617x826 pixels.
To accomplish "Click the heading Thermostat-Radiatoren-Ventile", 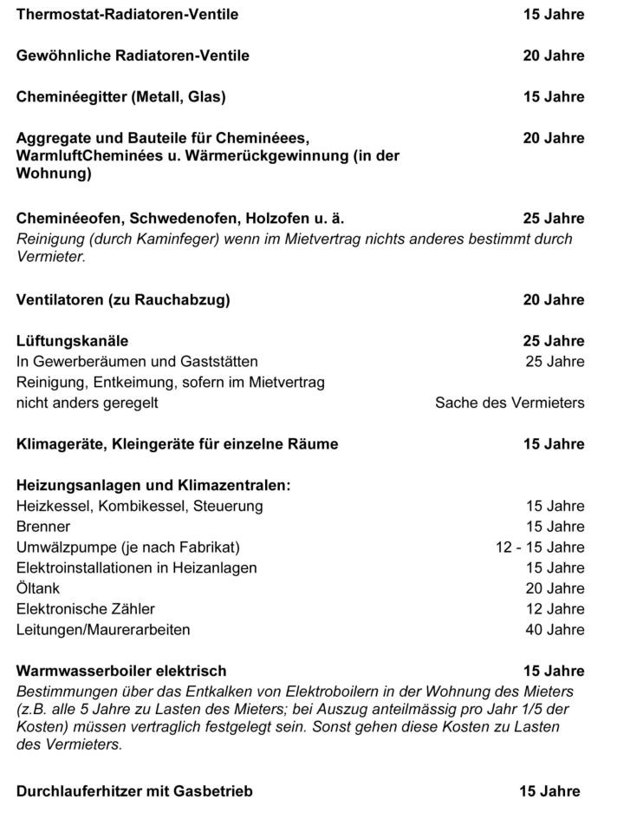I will coord(127,15).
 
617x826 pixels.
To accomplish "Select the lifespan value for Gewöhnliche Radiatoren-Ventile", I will coord(553,56).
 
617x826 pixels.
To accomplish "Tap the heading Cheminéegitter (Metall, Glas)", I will coord(120,96).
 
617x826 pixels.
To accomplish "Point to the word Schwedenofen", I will coord(197,218).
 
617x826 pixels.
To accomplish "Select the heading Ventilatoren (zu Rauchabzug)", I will coord(123,300).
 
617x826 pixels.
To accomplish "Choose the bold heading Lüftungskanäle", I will coord(72,341).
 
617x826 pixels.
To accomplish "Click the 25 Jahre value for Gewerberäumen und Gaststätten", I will coord(555,362).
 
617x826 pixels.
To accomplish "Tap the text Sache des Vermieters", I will coord(510,403).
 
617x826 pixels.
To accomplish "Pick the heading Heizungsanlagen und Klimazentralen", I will coord(153,485).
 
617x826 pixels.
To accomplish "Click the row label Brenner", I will coord(43,527).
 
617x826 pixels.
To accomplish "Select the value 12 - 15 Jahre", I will coord(540,547).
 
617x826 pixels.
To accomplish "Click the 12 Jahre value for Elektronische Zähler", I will coord(555,609).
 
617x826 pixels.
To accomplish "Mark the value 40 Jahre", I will coord(555,630).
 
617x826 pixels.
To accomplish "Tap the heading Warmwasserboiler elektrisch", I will coord(121,671).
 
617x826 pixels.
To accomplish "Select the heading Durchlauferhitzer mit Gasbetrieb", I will coord(134,791).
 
